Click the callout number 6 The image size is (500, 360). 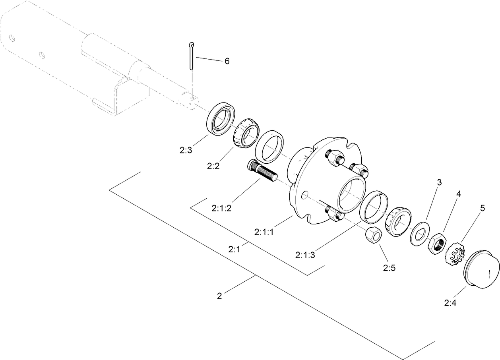(227, 61)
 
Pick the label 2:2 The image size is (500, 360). (213, 166)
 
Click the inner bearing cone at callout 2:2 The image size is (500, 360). (246, 133)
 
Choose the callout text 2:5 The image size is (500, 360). (389, 268)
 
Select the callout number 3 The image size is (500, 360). (439, 183)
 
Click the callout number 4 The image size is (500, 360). (458, 195)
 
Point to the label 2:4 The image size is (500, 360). (450, 303)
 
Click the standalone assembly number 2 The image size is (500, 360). (219, 296)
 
